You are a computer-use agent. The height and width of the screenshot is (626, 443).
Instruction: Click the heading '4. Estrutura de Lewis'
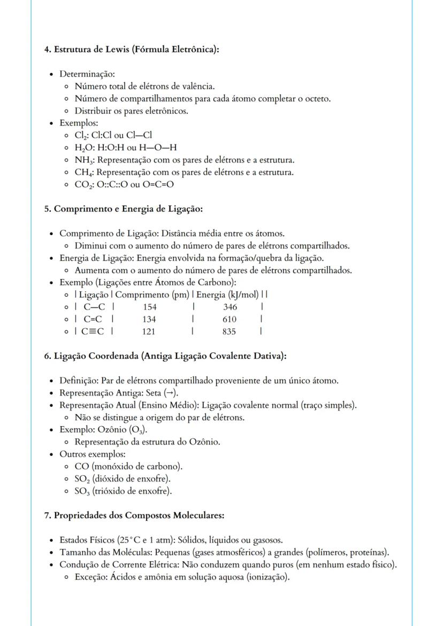click(132, 50)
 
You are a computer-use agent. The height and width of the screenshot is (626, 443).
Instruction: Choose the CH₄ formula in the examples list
click(85, 172)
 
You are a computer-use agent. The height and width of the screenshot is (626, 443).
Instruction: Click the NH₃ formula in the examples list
click(85, 160)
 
